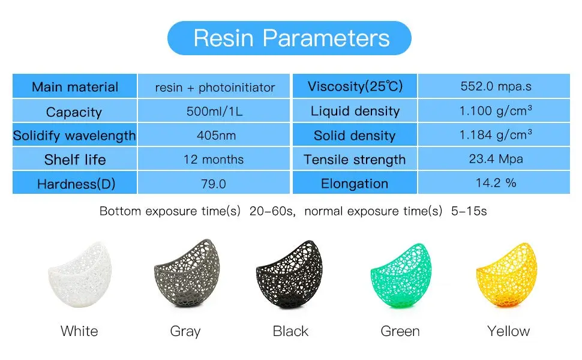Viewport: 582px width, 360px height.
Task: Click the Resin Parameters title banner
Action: [x=289, y=38]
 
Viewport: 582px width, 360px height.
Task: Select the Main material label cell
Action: [x=74, y=86]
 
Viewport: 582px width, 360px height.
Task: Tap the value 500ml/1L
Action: [x=214, y=111]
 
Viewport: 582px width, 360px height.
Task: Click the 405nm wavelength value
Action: [x=216, y=135]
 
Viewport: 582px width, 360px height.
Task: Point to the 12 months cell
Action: [x=214, y=159]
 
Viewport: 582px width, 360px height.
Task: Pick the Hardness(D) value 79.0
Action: [x=214, y=184]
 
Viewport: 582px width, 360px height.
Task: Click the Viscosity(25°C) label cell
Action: [x=355, y=86]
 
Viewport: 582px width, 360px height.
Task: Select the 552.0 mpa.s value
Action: [x=496, y=86]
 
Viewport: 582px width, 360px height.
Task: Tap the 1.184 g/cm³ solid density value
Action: [x=496, y=134]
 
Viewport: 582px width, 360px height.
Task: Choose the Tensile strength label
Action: [x=355, y=159]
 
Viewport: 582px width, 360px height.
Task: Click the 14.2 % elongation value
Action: [x=496, y=182]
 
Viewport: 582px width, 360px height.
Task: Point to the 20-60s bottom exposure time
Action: [x=272, y=211]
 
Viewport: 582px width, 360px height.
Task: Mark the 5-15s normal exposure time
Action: [x=469, y=211]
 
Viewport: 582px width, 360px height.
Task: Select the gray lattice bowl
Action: [x=187, y=274]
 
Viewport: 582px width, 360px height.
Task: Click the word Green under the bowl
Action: [x=400, y=331]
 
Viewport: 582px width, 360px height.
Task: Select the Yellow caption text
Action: [x=509, y=331]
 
